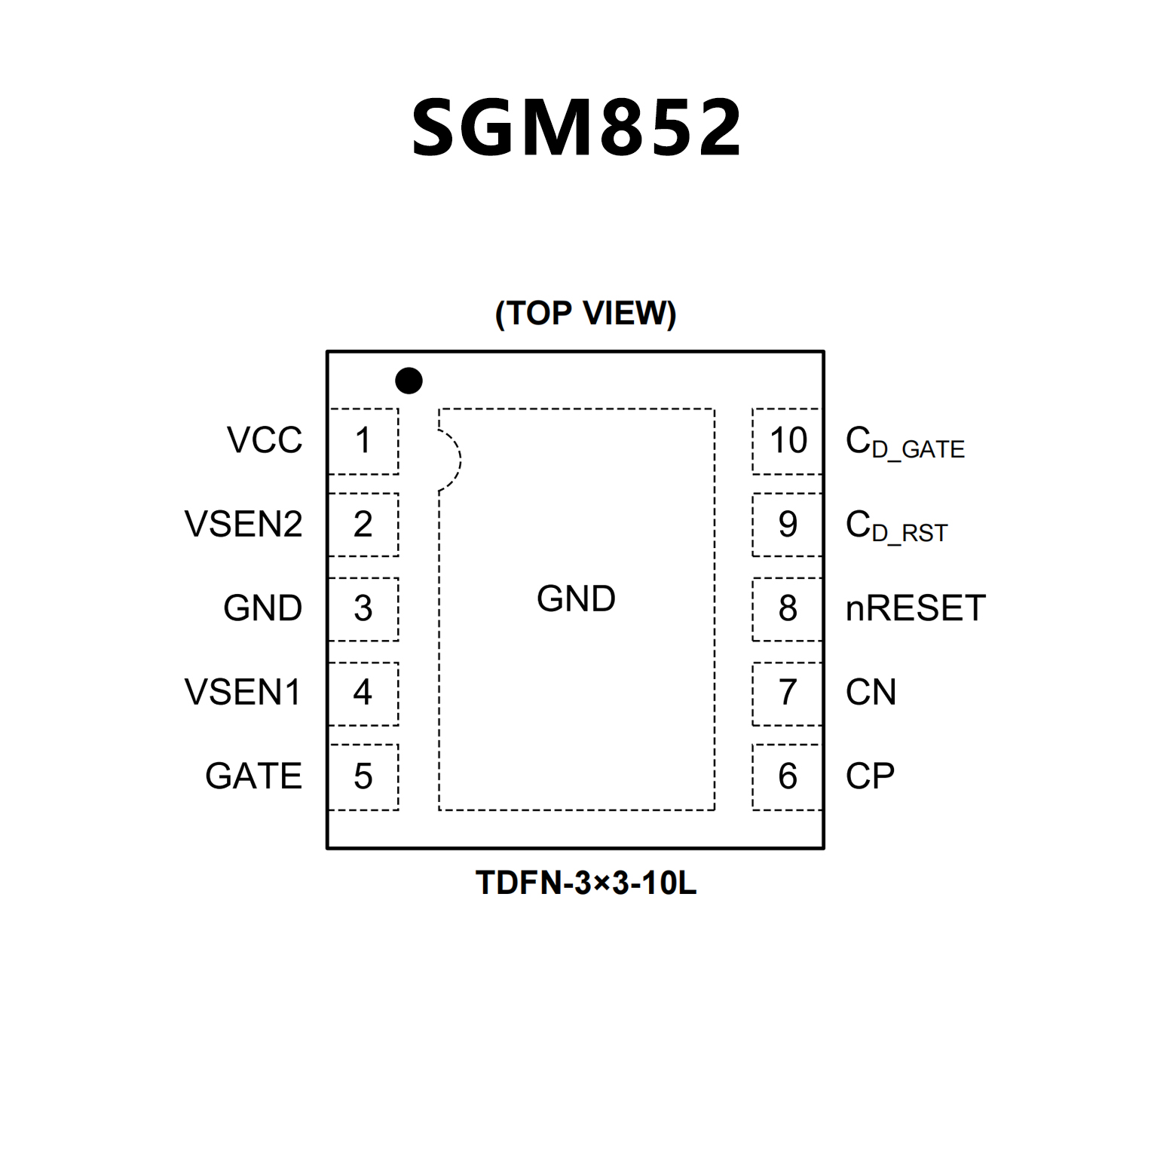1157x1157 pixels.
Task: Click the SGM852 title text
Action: (577, 128)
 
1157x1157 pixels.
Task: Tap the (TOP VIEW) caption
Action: (586, 313)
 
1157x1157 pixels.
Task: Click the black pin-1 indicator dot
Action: (409, 381)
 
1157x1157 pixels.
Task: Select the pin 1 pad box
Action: (363, 441)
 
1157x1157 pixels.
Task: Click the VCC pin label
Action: (265, 440)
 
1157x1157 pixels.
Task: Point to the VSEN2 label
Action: (243, 524)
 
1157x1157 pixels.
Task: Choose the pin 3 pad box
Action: (363, 609)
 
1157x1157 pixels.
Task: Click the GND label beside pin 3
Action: (262, 608)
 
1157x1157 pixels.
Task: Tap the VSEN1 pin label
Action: (243, 692)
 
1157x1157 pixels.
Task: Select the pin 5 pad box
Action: (363, 777)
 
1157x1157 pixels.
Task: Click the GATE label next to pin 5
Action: (253, 776)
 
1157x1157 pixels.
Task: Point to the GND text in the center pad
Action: (576, 599)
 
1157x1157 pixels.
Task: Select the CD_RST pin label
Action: (895, 526)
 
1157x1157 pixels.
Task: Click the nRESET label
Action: (915, 608)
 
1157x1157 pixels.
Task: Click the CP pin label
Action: (870, 776)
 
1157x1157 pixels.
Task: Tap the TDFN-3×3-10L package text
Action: (586, 883)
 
